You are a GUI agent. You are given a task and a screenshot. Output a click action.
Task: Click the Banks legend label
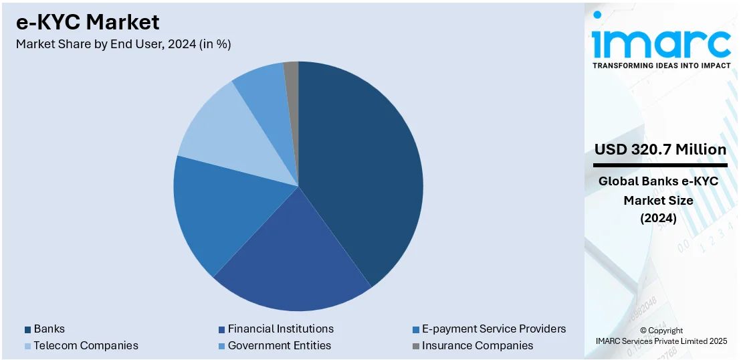tap(49, 329)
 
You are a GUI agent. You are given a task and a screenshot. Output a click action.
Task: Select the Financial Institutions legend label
tap(280, 329)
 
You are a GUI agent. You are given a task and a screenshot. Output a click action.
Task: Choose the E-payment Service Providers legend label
tap(494, 329)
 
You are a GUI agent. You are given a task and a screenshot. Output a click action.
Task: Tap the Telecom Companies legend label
tap(86, 345)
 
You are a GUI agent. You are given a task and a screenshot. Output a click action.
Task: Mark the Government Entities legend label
tap(279, 345)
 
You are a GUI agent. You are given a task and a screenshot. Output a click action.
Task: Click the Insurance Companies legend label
tap(478, 345)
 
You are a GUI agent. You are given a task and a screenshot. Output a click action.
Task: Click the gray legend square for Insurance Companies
tap(416, 346)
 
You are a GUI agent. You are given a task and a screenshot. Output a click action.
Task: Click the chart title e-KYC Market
tap(88, 22)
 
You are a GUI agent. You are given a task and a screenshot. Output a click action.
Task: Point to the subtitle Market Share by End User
tap(123, 44)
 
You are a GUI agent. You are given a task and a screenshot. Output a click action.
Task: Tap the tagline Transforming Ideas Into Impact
tap(661, 65)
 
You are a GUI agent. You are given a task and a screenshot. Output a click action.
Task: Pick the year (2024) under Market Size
tap(659, 218)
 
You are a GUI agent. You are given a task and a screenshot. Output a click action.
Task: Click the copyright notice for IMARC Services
tap(661, 336)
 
